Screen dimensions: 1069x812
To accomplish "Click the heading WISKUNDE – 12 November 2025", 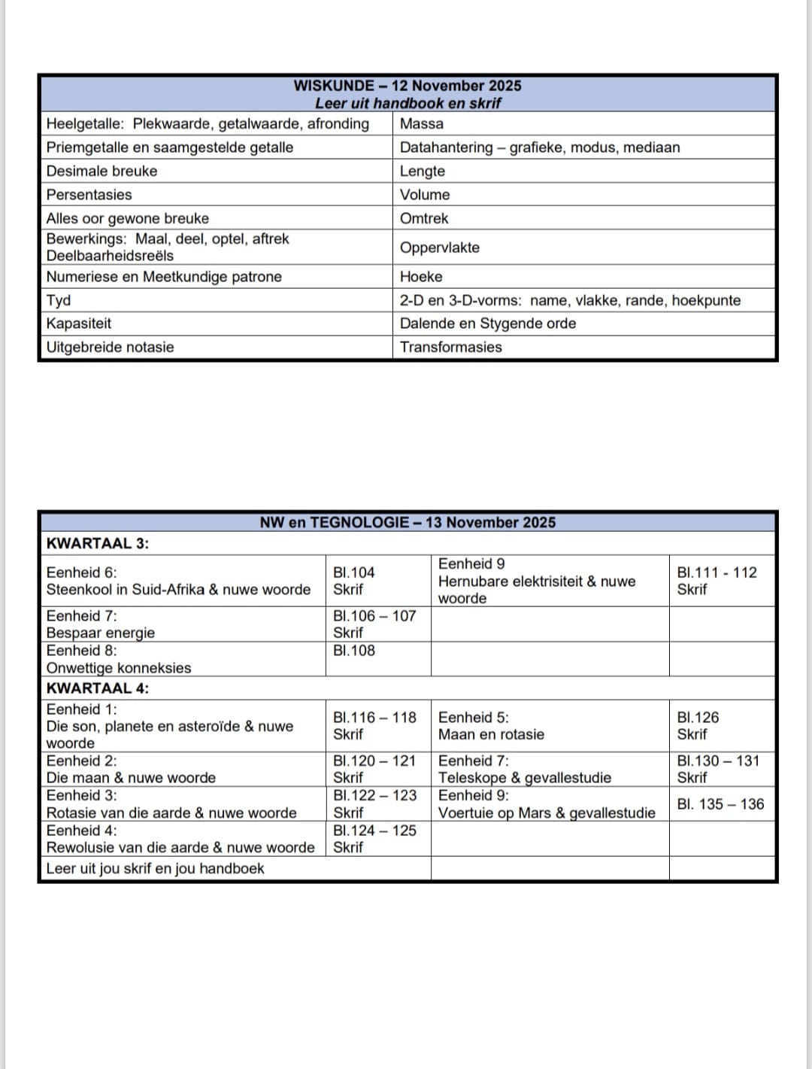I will (407, 86).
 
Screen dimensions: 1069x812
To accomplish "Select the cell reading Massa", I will (422, 123).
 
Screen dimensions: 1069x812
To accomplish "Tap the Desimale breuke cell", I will (102, 171).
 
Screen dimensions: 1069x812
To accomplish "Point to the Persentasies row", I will (89, 194).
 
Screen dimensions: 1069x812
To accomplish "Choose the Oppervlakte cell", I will (440, 248).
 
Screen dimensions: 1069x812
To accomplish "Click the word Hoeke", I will (421, 276).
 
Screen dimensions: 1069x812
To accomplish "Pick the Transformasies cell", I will (451, 347).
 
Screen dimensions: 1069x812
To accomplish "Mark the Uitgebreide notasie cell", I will (111, 347).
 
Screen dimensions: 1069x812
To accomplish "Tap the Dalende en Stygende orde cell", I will (488, 323).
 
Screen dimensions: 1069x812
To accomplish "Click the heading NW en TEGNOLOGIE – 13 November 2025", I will (408, 522).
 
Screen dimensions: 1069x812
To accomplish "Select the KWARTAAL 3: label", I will (98, 543).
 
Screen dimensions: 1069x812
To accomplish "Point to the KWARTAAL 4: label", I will (98, 688).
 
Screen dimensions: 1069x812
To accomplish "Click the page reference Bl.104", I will (354, 572).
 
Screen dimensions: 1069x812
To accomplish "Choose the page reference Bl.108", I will (354, 651).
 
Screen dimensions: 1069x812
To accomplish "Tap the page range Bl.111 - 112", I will (717, 572).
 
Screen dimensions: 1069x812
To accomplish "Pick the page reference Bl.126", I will (698, 718).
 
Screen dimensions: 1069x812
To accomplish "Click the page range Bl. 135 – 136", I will (720, 804).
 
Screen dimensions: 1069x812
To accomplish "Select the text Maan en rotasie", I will (491, 734).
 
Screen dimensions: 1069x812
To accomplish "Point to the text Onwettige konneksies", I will (119, 668).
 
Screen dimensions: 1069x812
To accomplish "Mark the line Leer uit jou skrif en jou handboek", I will (156, 868).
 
